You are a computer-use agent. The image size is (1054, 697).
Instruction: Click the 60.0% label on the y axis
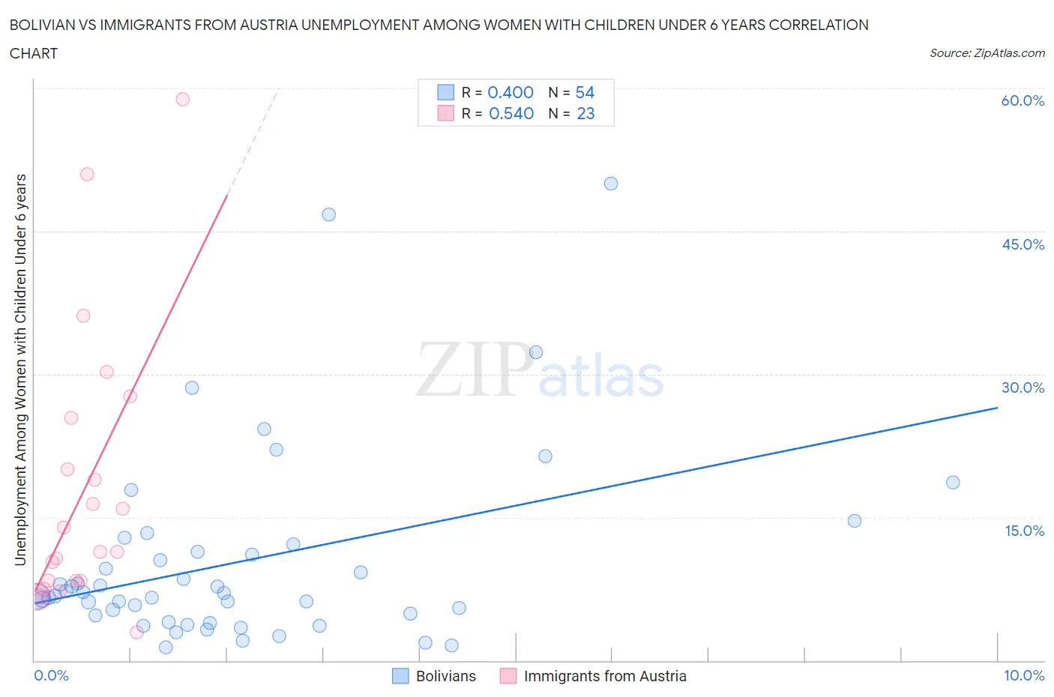click(1023, 101)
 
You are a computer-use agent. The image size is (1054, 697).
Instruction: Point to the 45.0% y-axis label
click(1023, 244)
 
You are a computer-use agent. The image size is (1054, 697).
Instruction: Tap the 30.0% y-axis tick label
click(1023, 387)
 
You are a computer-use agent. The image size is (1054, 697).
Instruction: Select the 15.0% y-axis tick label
click(1024, 531)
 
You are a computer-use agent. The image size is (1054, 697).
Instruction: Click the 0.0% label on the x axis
click(51, 675)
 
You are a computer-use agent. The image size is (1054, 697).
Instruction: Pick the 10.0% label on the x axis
click(1024, 675)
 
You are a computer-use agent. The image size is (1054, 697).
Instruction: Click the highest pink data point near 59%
click(182, 99)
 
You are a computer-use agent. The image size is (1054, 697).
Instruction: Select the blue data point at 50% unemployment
click(611, 184)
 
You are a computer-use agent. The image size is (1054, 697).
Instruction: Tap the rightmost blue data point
click(953, 482)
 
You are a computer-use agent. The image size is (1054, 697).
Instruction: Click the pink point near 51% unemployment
click(87, 174)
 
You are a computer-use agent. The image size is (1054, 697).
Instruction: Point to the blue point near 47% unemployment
click(328, 214)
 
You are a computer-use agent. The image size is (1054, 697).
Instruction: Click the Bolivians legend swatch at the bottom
click(401, 676)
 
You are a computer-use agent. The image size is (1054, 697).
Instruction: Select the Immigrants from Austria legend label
click(605, 676)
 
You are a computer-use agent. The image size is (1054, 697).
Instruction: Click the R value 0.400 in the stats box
click(511, 92)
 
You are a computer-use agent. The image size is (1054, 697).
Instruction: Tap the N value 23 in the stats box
click(585, 113)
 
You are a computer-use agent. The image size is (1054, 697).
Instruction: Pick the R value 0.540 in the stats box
click(511, 113)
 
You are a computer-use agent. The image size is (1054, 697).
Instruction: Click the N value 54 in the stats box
click(585, 92)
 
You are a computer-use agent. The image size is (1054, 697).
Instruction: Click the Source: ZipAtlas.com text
click(987, 52)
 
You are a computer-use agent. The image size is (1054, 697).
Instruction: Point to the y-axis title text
click(20, 369)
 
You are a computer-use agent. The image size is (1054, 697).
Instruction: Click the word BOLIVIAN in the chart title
click(45, 25)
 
